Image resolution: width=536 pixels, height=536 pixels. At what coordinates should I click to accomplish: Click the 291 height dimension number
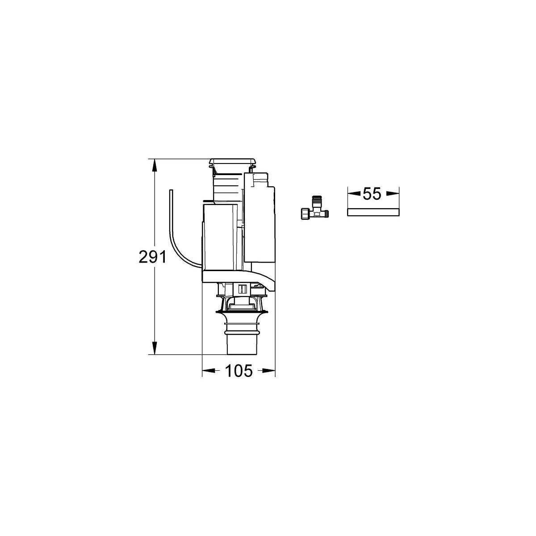click(152, 256)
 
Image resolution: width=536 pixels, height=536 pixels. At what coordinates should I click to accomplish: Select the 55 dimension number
click(372, 194)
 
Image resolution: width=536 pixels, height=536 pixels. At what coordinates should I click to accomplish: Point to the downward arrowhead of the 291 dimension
click(155, 347)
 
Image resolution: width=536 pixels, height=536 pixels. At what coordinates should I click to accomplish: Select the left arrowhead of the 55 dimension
click(355, 194)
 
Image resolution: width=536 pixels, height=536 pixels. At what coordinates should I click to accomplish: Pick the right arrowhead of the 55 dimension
click(392, 194)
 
